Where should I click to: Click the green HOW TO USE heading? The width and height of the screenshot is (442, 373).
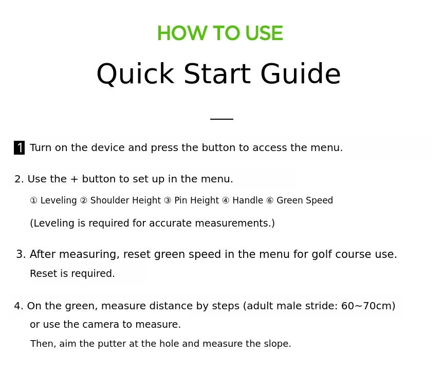[x=220, y=33]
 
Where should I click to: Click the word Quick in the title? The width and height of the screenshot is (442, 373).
[x=135, y=74]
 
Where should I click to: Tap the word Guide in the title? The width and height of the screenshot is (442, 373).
[x=301, y=73]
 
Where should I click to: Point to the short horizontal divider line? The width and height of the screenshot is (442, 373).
[x=222, y=119]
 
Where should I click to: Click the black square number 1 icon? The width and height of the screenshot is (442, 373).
[x=19, y=147]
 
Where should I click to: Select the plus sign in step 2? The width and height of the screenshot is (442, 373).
[x=74, y=179]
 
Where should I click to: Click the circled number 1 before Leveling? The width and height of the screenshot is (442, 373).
[x=33, y=200]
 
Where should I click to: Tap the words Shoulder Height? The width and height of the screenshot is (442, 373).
[x=125, y=200]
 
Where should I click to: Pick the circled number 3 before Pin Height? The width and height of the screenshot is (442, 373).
[x=168, y=200]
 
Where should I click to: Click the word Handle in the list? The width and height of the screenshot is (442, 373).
[x=248, y=200]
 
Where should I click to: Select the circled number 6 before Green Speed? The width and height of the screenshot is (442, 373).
[x=270, y=200]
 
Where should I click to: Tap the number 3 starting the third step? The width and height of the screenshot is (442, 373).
[x=19, y=254]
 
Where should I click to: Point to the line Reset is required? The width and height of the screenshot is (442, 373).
[x=72, y=273]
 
